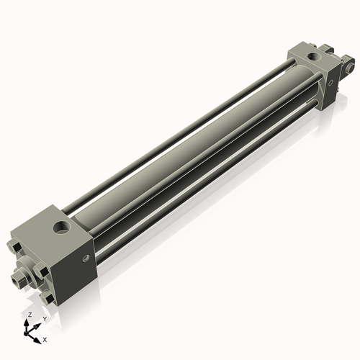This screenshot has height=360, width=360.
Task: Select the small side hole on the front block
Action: pos(86,257)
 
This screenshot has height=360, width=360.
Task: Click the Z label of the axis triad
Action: pos(28,315)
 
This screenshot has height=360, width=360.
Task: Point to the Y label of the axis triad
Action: pos(44,318)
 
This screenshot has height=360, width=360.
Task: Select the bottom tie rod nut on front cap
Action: pos(48,297)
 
